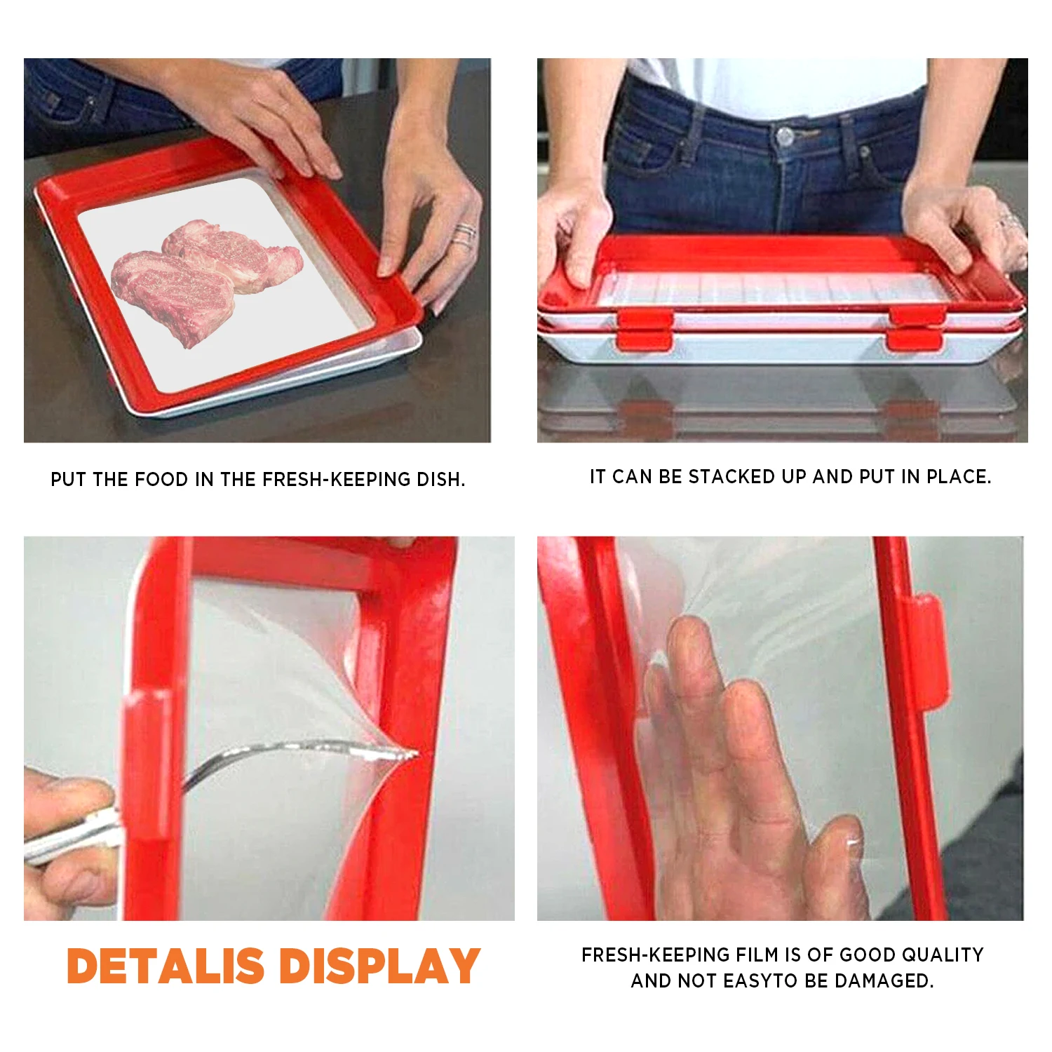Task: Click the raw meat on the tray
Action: [207, 281]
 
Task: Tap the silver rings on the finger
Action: [463, 235]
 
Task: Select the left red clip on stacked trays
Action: [645, 330]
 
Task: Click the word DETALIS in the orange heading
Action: [166, 966]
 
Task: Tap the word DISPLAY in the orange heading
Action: [379, 966]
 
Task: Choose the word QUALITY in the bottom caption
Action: [943, 955]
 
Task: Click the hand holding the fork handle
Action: [67, 842]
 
